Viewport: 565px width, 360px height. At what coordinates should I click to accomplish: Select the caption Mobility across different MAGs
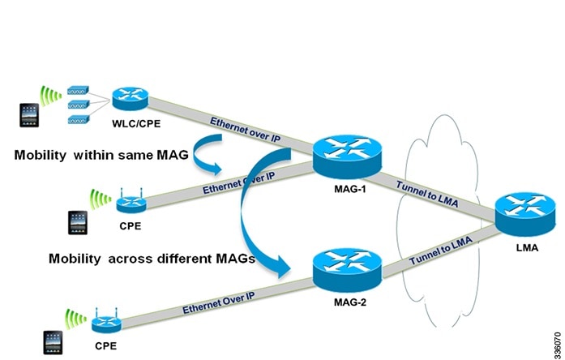[151, 259]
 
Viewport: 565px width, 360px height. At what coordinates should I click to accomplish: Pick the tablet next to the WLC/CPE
[29, 114]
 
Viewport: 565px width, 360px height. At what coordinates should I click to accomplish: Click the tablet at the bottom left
[54, 341]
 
